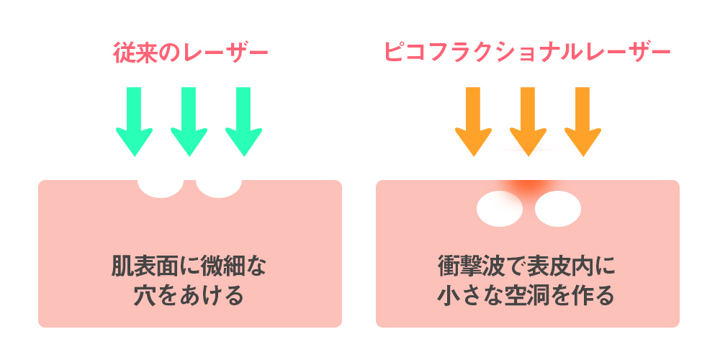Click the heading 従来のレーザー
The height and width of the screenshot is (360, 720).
pos(190,54)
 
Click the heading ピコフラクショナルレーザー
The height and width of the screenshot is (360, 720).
pos(528,54)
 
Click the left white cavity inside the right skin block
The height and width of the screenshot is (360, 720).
pos(500,208)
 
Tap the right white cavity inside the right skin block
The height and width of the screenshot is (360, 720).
pos(557,208)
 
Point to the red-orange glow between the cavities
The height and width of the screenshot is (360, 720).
pos(528,189)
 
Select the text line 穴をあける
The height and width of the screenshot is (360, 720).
pos(189,296)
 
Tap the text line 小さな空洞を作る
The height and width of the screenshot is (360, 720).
pos(528,296)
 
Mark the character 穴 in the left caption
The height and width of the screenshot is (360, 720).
pos(148,296)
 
